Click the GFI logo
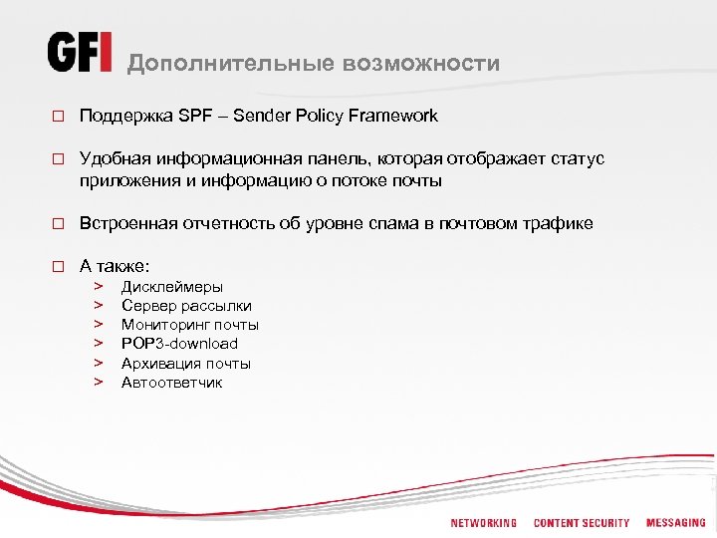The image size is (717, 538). click(80, 53)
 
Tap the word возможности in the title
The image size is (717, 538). click(421, 64)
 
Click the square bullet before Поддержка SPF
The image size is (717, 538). click(58, 117)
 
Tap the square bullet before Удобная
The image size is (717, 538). click(58, 159)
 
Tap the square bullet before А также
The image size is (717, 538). click(58, 266)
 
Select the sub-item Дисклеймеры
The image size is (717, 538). click(172, 287)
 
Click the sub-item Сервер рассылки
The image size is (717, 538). click(186, 306)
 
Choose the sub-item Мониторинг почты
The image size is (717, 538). click(190, 325)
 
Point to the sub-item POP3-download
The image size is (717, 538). click(179, 344)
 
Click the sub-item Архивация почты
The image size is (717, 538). click(186, 364)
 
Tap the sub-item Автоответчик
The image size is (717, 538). click(172, 383)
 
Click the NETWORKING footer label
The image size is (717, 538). click(483, 523)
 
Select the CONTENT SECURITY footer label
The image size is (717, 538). click(582, 523)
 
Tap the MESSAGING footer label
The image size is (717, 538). click(675, 523)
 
